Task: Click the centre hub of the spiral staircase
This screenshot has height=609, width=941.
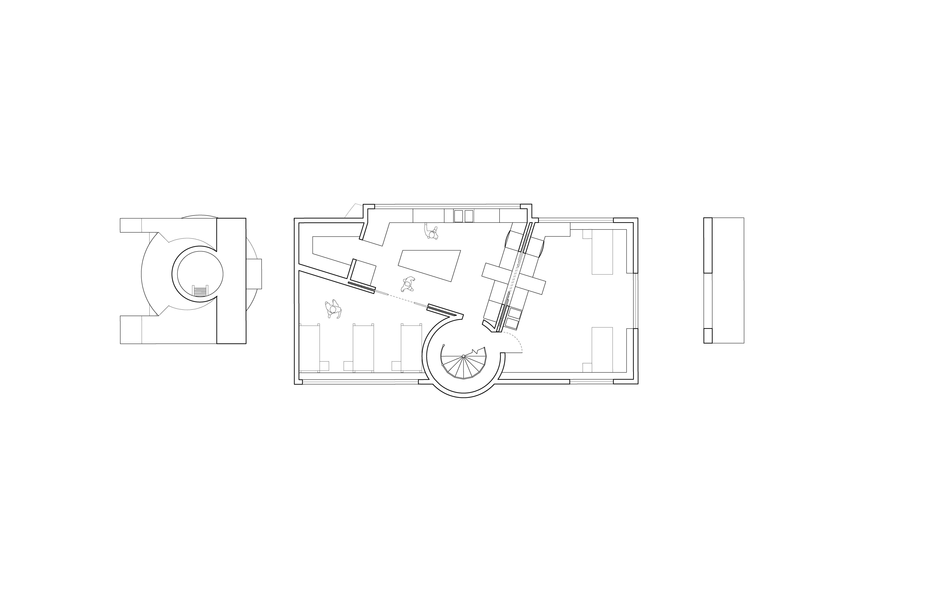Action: click(463, 356)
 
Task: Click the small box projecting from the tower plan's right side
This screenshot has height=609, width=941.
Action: click(254, 274)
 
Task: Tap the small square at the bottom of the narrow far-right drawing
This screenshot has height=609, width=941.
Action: click(708, 335)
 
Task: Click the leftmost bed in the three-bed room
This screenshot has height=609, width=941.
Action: click(309, 348)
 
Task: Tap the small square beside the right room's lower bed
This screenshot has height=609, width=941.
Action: click(587, 367)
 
